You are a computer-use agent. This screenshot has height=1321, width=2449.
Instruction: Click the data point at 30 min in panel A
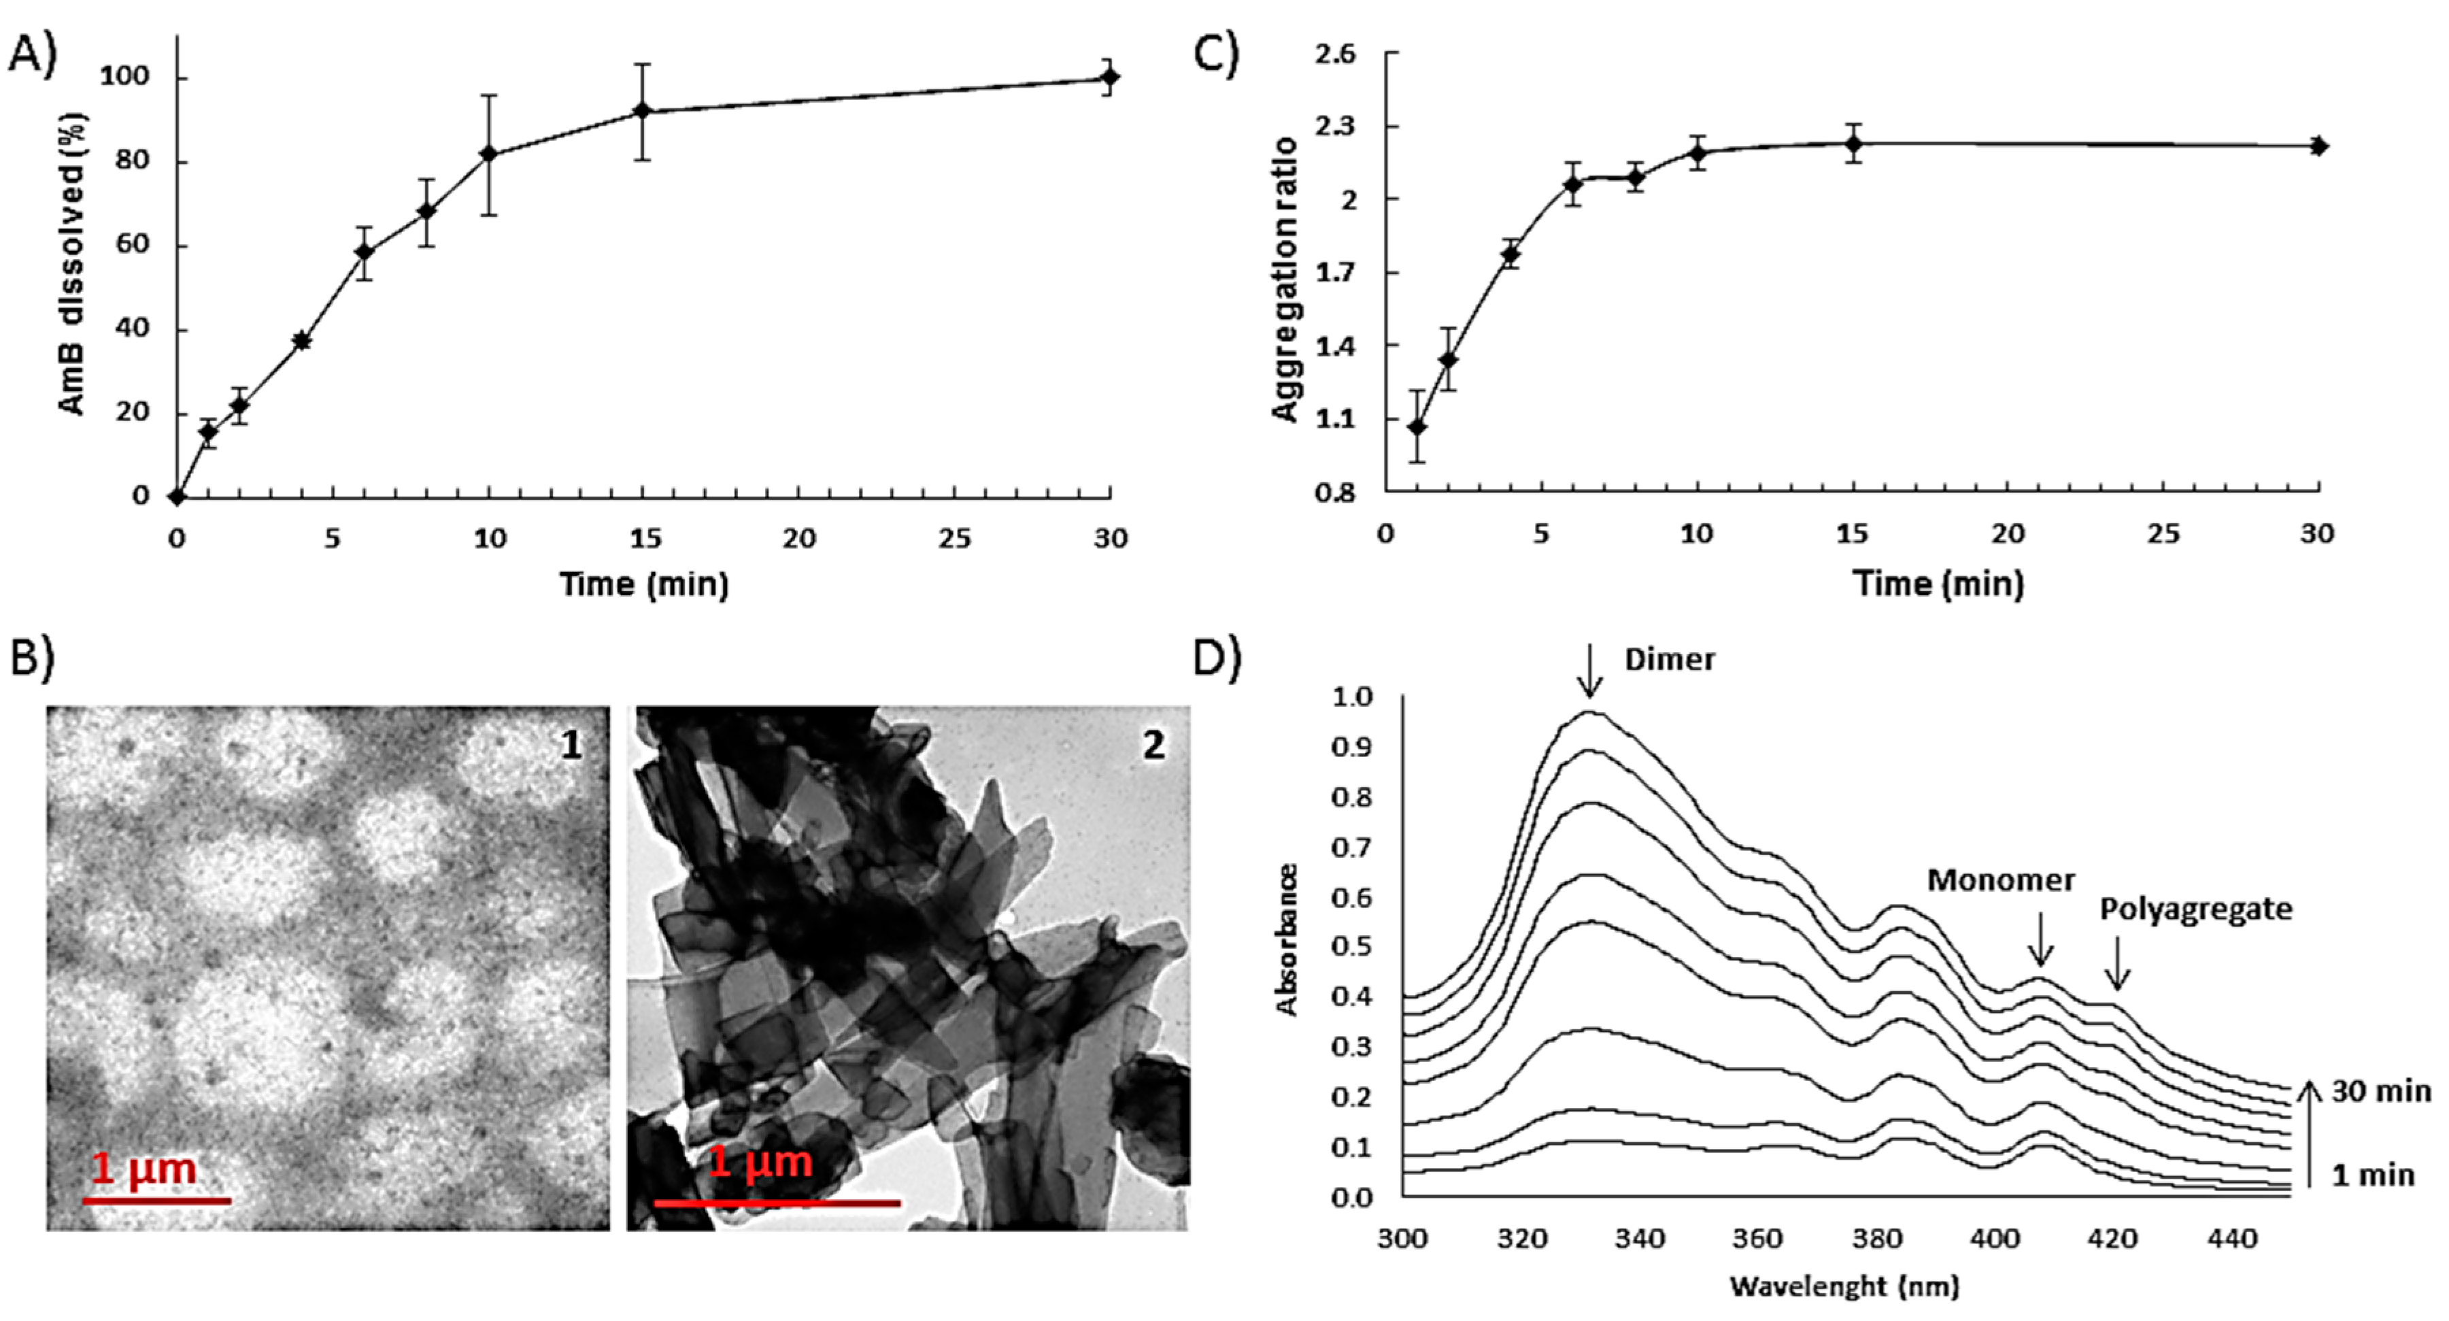point(1109,77)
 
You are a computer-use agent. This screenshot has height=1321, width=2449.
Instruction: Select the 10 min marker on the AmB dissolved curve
point(489,154)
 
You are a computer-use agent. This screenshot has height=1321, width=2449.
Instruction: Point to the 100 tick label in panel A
point(124,77)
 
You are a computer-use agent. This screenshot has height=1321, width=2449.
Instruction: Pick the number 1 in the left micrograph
point(571,745)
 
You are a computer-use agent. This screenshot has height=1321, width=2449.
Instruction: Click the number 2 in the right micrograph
point(1153,745)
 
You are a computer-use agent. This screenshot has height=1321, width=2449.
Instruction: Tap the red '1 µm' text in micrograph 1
point(143,1169)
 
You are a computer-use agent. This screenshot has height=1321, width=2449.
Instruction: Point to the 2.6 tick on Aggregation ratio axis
point(1335,54)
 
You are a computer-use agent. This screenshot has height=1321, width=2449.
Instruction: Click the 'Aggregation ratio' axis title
point(1285,279)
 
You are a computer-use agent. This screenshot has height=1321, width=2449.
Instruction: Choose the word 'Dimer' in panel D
point(1670,660)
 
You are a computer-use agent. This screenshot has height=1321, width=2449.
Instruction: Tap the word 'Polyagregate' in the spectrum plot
point(2195,910)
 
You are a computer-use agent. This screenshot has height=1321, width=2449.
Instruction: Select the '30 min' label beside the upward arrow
point(2380,1092)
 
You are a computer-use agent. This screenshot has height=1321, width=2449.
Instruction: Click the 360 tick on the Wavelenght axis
point(1757,1239)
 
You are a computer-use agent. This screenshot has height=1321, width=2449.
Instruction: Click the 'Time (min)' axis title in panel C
point(1938,584)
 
